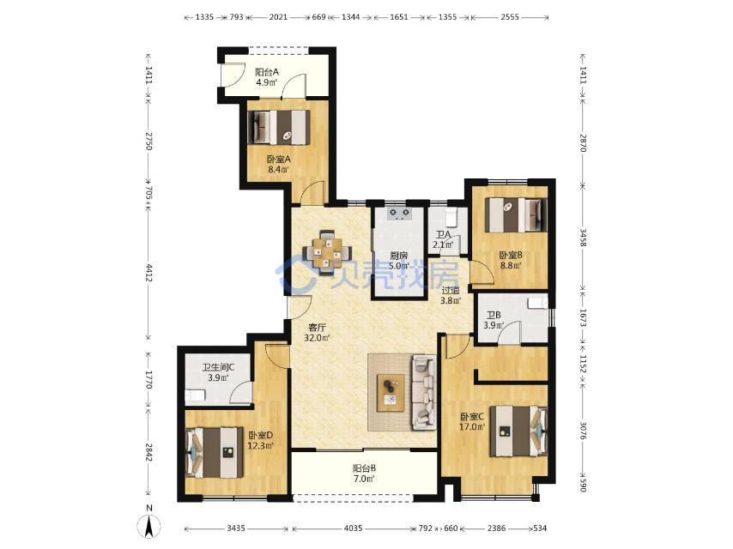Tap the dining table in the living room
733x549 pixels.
(328, 253)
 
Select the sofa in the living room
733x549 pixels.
(424, 393)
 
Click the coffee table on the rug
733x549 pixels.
(391, 393)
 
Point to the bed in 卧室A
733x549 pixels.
(279, 127)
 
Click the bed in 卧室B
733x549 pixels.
(516, 215)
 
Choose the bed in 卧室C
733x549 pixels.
(518, 431)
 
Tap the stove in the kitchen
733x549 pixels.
(399, 214)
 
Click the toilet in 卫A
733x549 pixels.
(451, 216)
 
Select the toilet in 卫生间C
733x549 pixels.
(196, 395)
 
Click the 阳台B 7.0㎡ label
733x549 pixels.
(364, 474)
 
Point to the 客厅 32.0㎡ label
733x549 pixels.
(317, 333)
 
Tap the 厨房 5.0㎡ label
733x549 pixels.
(399, 261)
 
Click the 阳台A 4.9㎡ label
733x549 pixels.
(266, 77)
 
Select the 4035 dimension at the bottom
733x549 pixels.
(353, 528)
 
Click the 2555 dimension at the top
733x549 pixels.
(510, 17)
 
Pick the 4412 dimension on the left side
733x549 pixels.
(148, 273)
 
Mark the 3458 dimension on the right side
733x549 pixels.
(583, 238)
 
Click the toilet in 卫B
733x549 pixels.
(537, 303)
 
